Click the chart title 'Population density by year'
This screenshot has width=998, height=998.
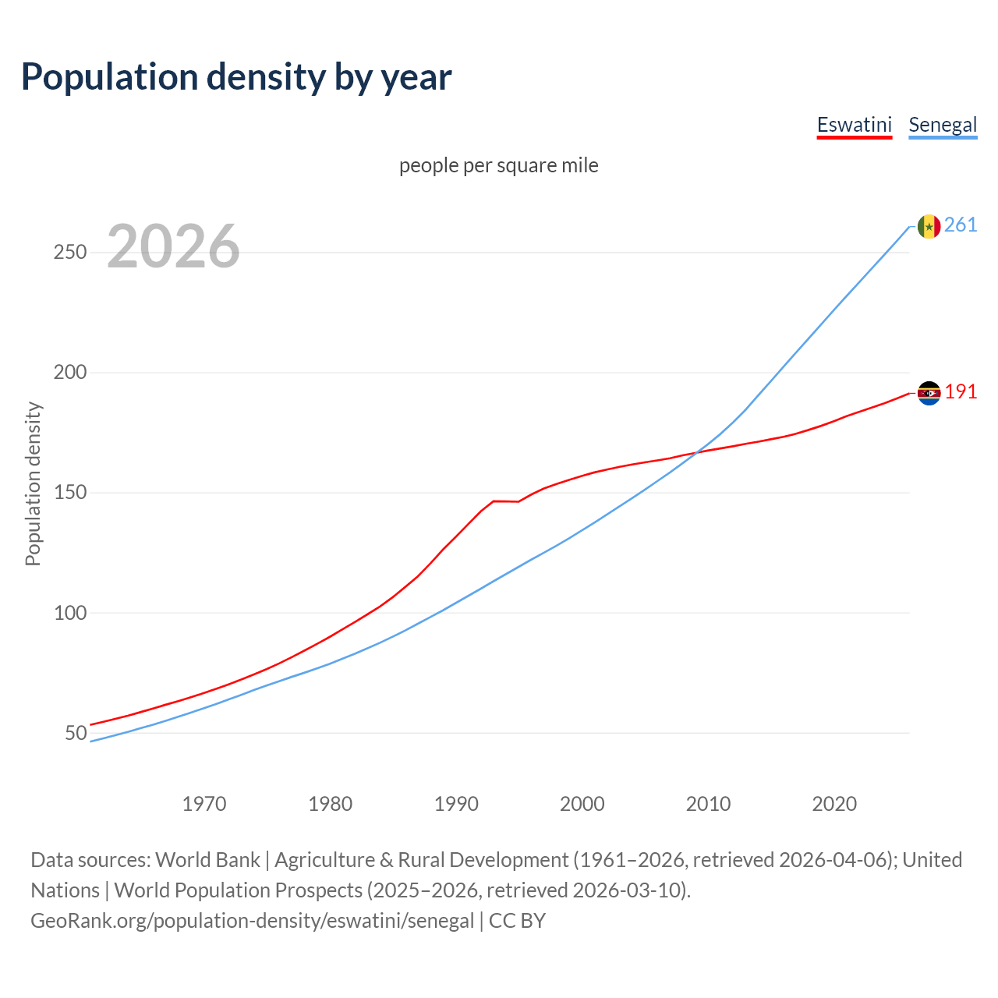(236, 76)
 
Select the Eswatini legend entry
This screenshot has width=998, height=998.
(854, 125)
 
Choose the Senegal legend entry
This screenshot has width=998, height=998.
(943, 125)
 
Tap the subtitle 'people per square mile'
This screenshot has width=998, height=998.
(498, 165)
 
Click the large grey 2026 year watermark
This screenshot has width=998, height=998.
(173, 246)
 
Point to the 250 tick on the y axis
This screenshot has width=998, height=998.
(70, 253)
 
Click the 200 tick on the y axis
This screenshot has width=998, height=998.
(70, 373)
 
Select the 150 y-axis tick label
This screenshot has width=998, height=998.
(70, 493)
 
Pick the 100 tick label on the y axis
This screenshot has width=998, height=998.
(70, 613)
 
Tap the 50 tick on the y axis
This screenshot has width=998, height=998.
(76, 733)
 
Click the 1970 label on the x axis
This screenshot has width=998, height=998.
(204, 804)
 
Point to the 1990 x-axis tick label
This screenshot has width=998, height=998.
(456, 804)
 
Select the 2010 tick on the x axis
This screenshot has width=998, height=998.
(708, 804)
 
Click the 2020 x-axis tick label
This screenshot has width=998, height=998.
(834, 804)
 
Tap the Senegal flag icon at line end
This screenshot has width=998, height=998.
(929, 226)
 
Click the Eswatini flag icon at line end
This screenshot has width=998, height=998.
(929, 393)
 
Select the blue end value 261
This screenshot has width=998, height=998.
(961, 225)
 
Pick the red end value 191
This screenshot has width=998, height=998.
(961, 392)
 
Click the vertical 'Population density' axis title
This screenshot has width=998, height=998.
(33, 483)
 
